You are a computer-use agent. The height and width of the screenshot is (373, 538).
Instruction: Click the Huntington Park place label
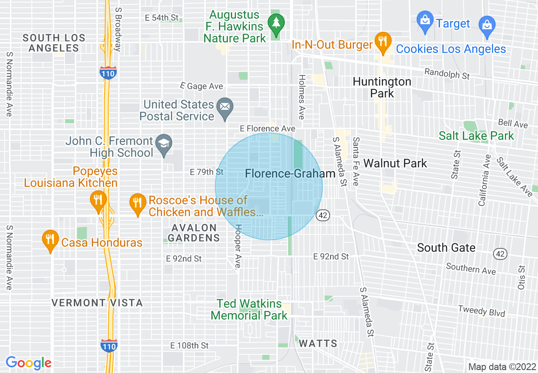tap(382, 87)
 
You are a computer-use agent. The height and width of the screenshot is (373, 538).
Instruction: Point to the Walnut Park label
tap(395, 163)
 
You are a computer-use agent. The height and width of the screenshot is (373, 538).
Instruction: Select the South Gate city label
tap(446, 248)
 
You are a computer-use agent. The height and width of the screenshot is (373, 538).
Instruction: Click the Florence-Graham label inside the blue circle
tap(290, 174)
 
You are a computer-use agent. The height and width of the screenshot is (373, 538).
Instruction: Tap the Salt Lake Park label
tap(476, 136)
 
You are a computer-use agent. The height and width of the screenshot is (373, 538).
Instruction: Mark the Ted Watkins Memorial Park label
tap(249, 309)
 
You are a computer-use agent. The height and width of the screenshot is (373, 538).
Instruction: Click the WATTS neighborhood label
tap(318, 343)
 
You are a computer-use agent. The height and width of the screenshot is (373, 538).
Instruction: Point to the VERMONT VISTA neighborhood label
tap(97, 303)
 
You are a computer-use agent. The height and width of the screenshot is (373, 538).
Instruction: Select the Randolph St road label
tap(447, 73)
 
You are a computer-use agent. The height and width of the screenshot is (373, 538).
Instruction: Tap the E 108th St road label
tap(189, 346)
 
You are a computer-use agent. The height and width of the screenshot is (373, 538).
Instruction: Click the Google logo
tap(28, 363)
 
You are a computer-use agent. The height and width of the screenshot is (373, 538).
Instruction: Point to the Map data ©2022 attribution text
tap(502, 367)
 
